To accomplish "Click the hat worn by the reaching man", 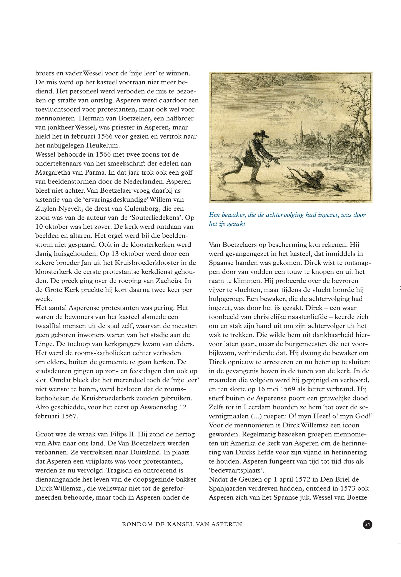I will (x=261, y=133).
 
